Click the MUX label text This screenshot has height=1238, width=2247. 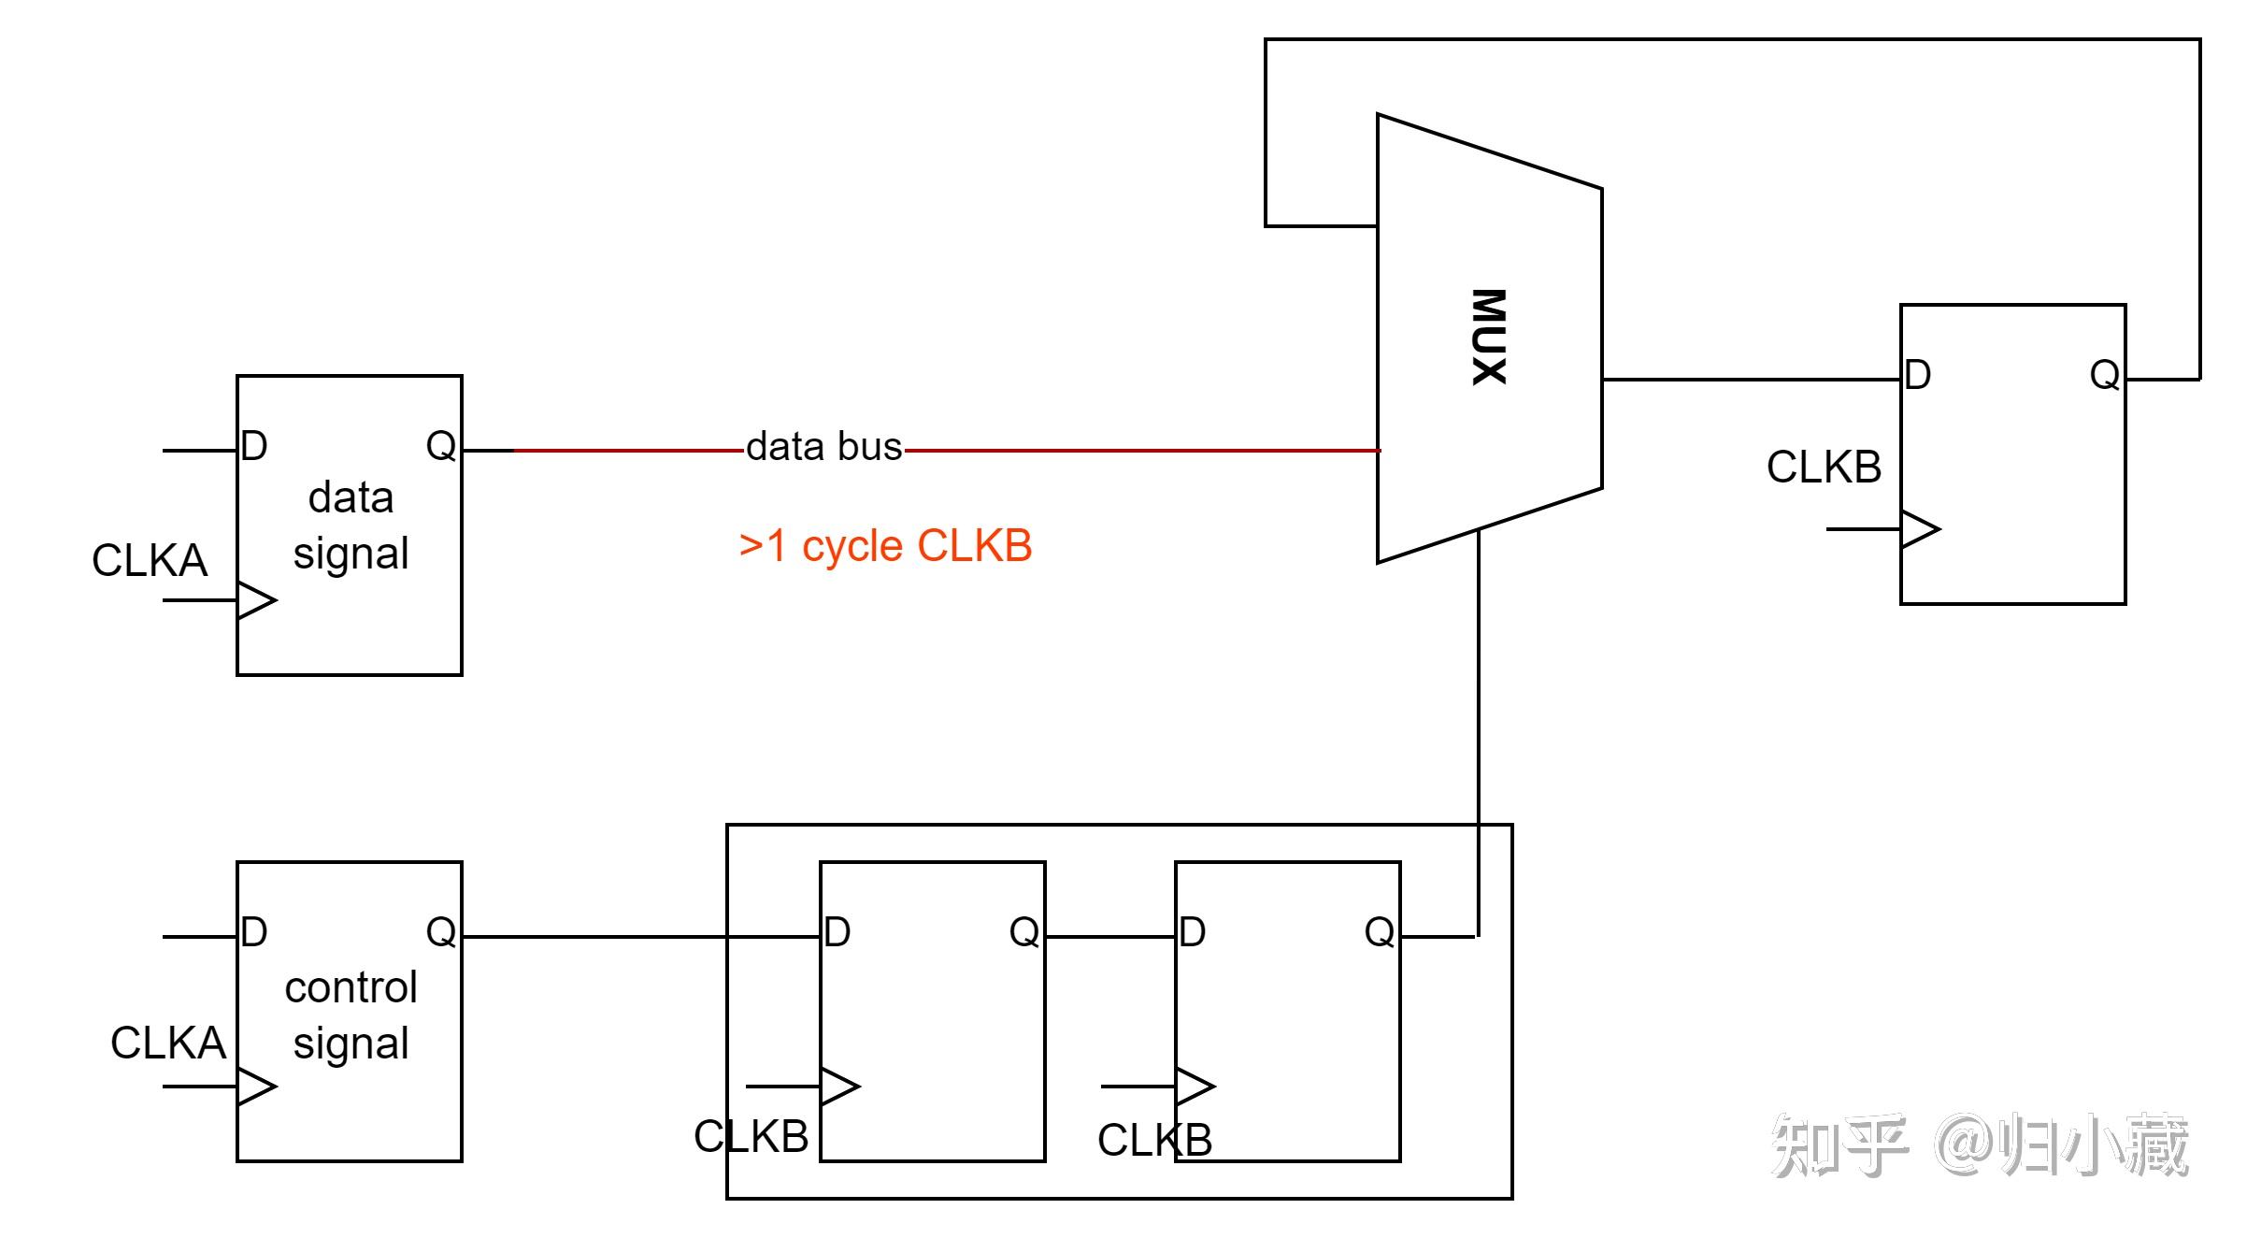pos(1489,337)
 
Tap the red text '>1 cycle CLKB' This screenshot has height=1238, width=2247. pos(885,546)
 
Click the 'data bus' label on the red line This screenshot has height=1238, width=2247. pos(824,447)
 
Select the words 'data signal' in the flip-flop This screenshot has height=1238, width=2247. pos(351,525)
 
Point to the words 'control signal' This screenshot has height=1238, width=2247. pos(351,1015)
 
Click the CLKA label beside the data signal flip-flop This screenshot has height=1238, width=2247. pos(150,560)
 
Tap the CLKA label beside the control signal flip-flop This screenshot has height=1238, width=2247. pos(168,1043)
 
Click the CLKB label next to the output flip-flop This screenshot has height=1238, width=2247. pos(1824,467)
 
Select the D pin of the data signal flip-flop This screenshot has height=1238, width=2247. pos(254,446)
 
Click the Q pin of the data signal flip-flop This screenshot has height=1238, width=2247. pos(441,446)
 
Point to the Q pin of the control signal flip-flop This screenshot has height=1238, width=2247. pos(441,931)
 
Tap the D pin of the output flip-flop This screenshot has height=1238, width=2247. pos(1918,375)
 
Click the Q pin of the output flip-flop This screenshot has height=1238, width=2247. pos(2105,375)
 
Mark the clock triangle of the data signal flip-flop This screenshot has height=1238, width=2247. pos(257,600)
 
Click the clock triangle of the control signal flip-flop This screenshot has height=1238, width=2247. pos(257,1087)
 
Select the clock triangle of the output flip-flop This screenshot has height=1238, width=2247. pos(1921,529)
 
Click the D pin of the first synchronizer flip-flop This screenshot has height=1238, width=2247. pos(837,931)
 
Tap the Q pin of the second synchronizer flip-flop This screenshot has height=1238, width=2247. pos(1380,931)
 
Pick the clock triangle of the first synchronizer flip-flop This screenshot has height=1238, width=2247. pos(840,1087)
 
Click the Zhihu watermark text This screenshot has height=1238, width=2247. pos(1981,1144)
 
